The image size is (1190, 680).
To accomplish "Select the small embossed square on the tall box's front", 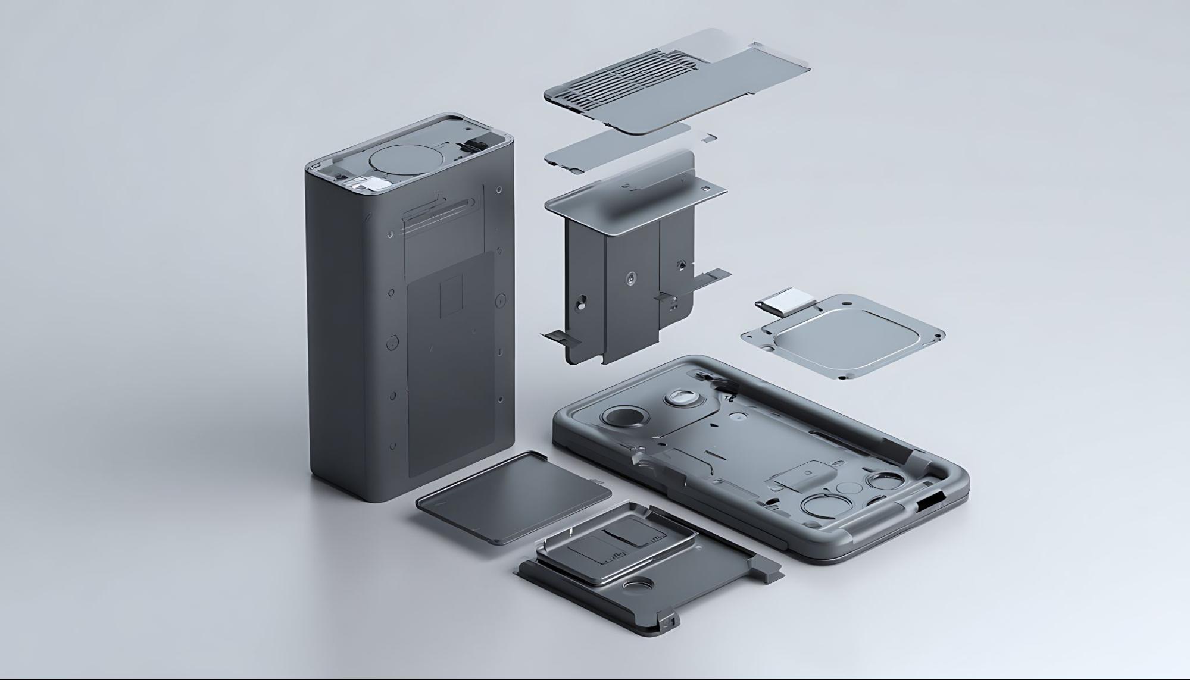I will point(451,296).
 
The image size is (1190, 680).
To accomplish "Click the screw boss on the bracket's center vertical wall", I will point(630,277).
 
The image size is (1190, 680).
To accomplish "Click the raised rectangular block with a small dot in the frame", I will point(803,474).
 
